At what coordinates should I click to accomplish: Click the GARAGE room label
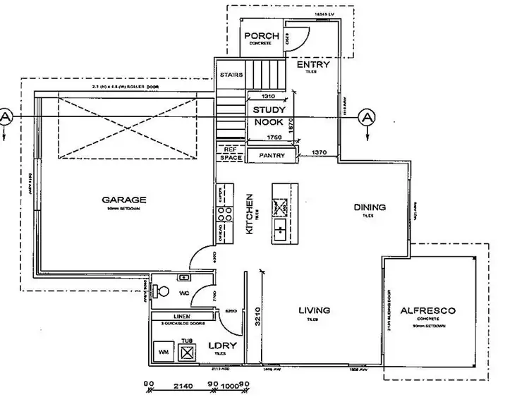click(x=123, y=200)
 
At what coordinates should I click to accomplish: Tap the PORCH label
click(x=261, y=36)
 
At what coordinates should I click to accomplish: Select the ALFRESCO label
click(x=428, y=310)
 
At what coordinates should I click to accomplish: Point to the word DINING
click(x=370, y=207)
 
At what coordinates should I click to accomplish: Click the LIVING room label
click(x=315, y=310)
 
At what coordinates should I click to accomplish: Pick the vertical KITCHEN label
click(x=249, y=213)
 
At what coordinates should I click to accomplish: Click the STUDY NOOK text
click(x=269, y=116)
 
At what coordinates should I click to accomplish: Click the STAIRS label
click(x=231, y=75)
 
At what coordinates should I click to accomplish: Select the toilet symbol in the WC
click(x=163, y=291)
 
